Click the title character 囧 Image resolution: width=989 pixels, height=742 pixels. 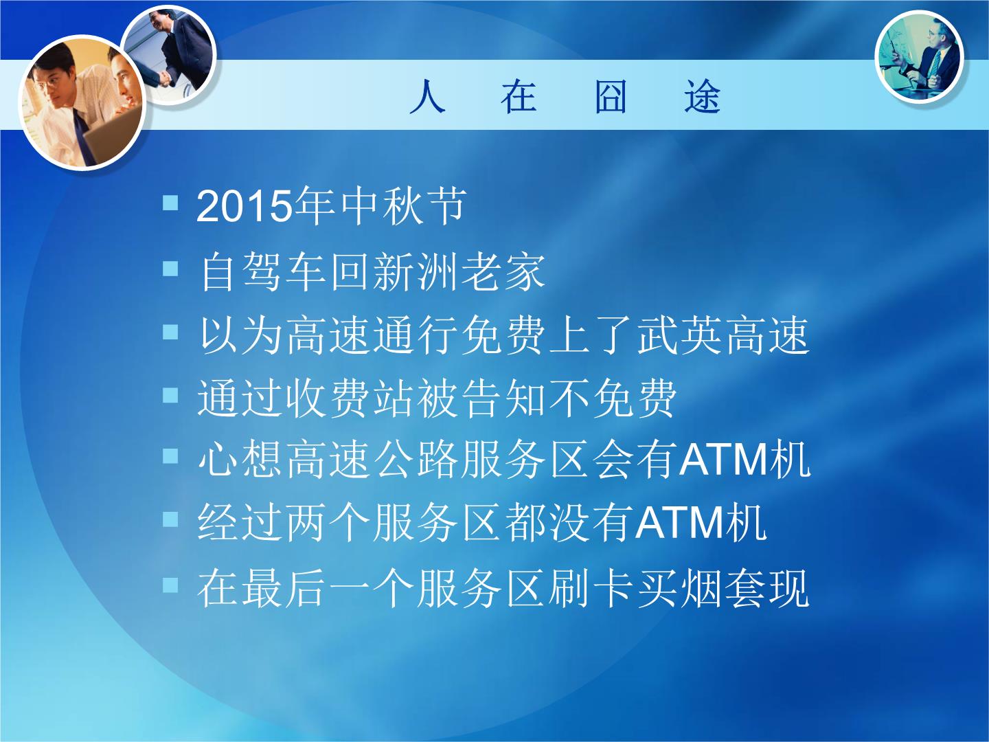click(611, 97)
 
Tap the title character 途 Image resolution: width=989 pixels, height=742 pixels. click(703, 97)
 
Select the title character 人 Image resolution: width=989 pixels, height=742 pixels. click(428, 97)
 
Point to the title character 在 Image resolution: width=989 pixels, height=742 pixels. click(519, 97)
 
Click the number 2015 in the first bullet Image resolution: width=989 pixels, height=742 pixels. click(242, 206)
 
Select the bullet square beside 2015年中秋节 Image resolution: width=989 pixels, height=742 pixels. click(170, 202)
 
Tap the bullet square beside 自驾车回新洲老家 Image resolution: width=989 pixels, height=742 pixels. click(170, 269)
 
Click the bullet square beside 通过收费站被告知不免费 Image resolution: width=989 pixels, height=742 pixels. click(170, 395)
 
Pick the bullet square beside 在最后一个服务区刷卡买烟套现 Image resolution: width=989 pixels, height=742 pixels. click(170, 585)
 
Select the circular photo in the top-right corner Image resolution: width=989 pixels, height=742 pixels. click(919, 57)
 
